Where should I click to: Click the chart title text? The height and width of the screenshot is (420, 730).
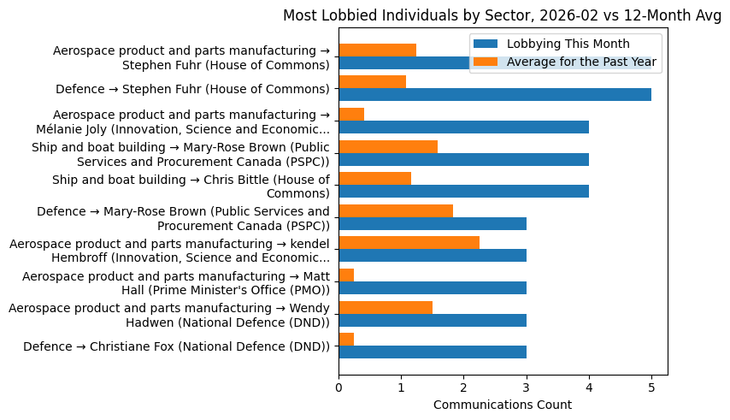[502, 15]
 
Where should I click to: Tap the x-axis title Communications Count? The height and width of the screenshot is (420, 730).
[503, 405]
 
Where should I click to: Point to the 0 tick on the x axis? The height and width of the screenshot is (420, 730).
[339, 387]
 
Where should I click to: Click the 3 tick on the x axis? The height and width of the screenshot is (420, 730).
[527, 387]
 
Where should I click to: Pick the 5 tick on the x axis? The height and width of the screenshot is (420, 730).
[651, 387]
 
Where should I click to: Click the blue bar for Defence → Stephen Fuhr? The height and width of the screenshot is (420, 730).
[495, 95]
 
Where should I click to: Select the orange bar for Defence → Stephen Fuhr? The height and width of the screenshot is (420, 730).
[372, 82]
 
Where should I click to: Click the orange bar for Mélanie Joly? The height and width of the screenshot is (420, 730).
[351, 115]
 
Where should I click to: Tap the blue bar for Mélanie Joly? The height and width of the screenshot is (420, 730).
[463, 127]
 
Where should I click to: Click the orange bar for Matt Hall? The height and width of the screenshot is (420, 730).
[346, 275]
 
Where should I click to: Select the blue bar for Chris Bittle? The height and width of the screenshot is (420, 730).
[463, 192]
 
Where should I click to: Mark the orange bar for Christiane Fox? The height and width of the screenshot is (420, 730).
[346, 340]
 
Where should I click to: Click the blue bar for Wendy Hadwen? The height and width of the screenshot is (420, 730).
[433, 320]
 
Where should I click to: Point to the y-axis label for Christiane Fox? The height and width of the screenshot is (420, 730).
[176, 346]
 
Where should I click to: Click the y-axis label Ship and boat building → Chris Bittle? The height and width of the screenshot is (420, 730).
[191, 186]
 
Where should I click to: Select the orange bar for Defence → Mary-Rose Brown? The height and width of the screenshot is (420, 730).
[396, 211]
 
